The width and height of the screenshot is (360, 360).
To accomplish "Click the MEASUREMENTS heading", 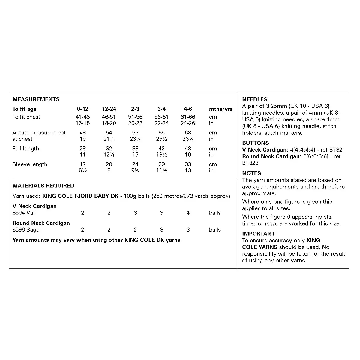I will [x=36, y=99].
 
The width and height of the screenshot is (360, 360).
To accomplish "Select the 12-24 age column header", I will [x=109, y=109].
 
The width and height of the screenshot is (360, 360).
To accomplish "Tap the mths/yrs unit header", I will [x=221, y=109].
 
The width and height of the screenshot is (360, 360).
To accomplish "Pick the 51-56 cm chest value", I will [x=135, y=117].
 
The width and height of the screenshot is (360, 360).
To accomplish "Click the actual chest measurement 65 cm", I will [x=161, y=133].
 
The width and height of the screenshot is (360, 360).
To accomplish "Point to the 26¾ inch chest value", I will [x=188, y=139].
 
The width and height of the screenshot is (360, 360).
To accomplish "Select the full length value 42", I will [x=161, y=148].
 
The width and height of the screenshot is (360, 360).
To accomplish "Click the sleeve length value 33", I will [x=188, y=164].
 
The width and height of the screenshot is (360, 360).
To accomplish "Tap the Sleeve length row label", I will [x=30, y=164].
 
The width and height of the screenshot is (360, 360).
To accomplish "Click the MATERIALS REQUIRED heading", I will [x=43, y=186].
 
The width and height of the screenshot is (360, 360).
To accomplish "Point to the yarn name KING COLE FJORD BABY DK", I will [x=80, y=196].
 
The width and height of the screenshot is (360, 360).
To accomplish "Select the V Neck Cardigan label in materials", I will [x=34, y=206].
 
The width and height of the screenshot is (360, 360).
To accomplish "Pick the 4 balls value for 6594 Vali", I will [x=188, y=213].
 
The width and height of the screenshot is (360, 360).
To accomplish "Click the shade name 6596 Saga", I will [x=26, y=230].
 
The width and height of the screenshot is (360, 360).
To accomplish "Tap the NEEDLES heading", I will [x=255, y=99].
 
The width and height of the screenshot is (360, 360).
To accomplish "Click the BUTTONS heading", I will [x=256, y=143].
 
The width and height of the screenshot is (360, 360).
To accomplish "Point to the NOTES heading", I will [x=252, y=173].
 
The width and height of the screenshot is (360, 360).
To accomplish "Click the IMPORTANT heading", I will [x=259, y=234].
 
